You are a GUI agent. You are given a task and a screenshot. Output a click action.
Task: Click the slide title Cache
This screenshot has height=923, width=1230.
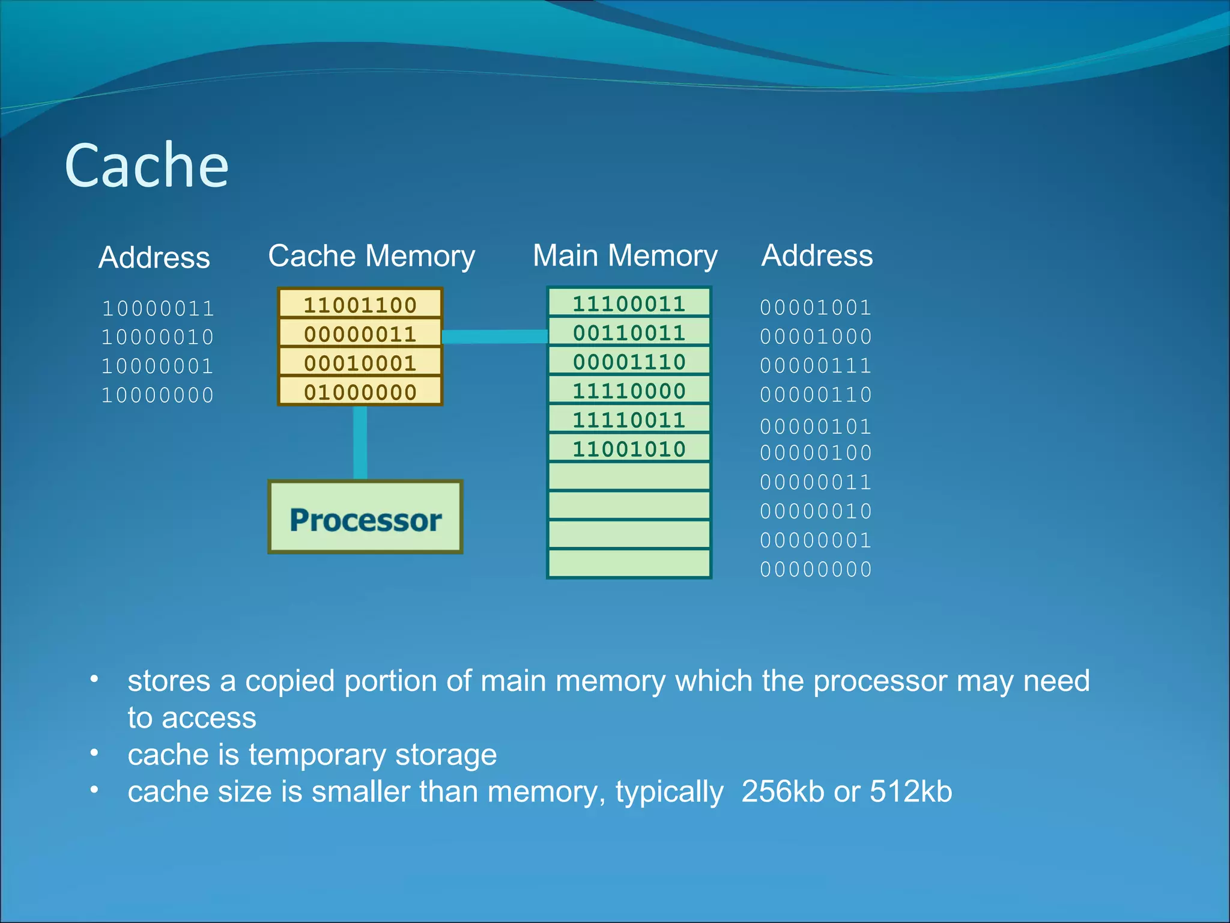[147, 165]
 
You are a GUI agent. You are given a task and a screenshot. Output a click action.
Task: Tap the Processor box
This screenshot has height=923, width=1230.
[365, 517]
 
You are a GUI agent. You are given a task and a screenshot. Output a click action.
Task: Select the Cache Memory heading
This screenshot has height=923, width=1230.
[371, 256]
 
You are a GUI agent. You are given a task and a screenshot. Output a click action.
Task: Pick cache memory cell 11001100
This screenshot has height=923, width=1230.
[360, 305]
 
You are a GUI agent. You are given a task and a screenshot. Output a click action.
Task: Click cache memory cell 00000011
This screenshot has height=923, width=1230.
[360, 334]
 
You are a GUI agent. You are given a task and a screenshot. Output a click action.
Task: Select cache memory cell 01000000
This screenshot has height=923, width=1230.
[360, 392]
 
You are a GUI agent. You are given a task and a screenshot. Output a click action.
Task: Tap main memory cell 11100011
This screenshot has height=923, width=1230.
[629, 303]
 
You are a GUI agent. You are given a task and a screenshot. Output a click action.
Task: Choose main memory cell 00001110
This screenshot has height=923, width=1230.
[629, 362]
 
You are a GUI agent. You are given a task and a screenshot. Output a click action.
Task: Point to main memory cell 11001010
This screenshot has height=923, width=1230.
[629, 449]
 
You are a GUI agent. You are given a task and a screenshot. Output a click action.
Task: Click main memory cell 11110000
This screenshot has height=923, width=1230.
[629, 391]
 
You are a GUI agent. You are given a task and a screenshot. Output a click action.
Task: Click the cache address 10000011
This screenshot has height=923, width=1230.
[158, 308]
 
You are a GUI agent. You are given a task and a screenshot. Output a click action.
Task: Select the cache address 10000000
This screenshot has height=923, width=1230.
[158, 395]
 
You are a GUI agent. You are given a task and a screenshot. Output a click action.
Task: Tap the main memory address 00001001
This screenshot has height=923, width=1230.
[816, 308]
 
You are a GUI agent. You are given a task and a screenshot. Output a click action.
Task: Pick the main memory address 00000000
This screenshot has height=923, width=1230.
[816, 569]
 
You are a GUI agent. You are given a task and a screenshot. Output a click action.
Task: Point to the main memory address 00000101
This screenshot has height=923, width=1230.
[816, 427]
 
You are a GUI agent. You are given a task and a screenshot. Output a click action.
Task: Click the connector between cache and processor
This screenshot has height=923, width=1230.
[360, 442]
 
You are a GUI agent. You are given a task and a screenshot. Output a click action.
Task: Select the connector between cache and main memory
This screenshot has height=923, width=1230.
[494, 336]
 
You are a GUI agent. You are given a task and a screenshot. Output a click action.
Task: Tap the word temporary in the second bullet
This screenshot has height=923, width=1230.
[318, 755]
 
